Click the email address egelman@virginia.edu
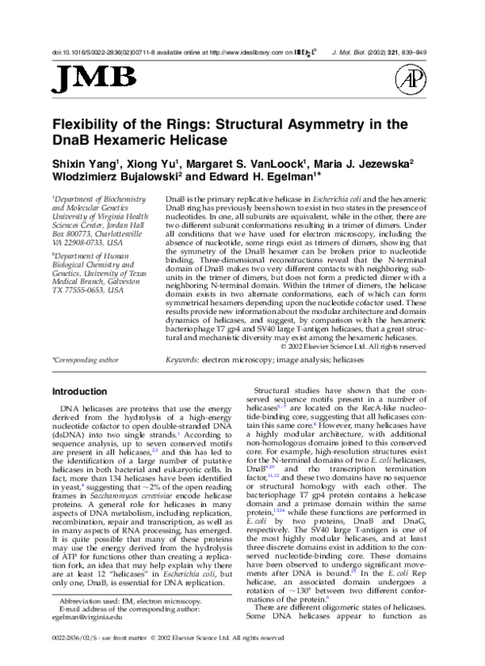[x=85, y=614]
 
